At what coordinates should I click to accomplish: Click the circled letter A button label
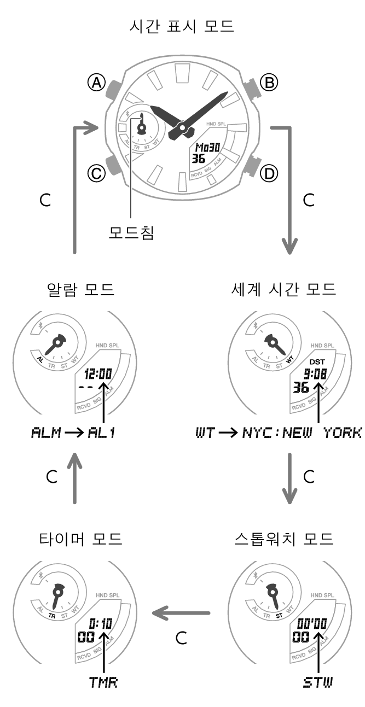click(x=96, y=83)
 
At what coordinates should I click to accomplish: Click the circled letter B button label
click(x=268, y=83)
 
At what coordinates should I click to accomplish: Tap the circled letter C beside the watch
click(x=96, y=173)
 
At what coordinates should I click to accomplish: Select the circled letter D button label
click(x=268, y=173)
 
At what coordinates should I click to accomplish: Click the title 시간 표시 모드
click(x=182, y=26)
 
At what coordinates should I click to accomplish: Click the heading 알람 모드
click(x=81, y=289)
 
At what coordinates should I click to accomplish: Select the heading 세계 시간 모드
click(x=283, y=289)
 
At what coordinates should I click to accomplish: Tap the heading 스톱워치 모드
click(x=283, y=539)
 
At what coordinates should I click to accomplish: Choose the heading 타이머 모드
click(x=81, y=539)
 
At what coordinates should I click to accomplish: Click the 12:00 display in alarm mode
click(x=99, y=374)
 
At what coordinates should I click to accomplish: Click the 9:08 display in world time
click(x=315, y=374)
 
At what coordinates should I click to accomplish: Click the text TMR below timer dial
click(x=103, y=682)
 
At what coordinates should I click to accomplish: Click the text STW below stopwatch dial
click(x=318, y=682)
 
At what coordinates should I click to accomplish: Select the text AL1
click(x=102, y=434)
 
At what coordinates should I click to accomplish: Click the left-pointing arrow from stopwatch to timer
click(x=181, y=612)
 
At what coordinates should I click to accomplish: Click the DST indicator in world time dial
click(x=317, y=362)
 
